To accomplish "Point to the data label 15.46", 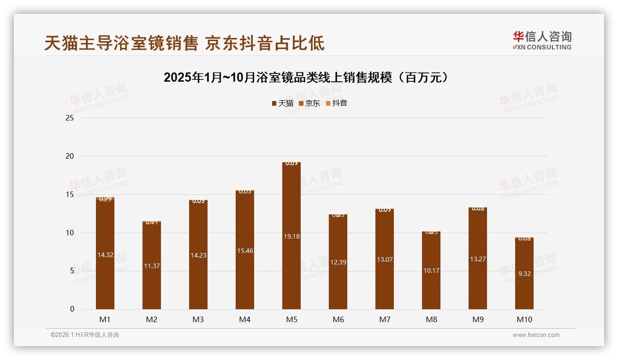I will (x=244, y=251).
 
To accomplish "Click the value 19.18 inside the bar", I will (x=291, y=236).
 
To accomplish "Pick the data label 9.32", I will (x=524, y=274).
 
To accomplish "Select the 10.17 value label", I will (x=431, y=270).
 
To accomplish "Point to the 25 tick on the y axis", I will (x=70, y=118).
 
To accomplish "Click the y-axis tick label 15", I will (x=70, y=194).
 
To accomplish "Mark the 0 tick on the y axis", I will (x=72, y=309).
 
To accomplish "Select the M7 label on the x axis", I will (x=385, y=319).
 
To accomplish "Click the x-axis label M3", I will (x=198, y=319).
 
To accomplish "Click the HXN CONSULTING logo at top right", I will (x=542, y=40).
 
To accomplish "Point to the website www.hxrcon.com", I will (x=536, y=335).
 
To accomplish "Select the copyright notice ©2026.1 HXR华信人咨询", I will (x=85, y=335).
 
